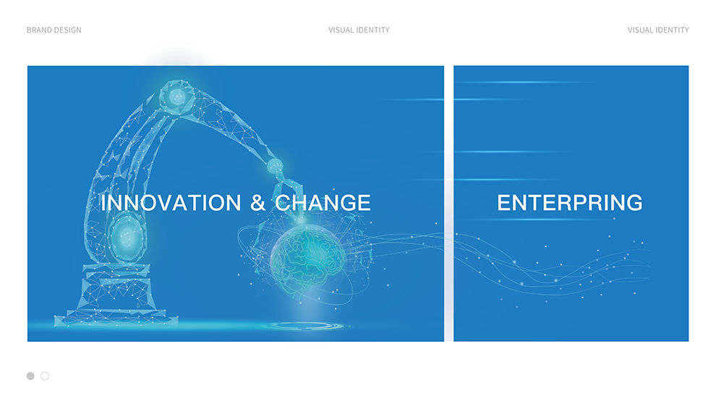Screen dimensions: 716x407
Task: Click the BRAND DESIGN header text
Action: pyautogui.click(x=54, y=30)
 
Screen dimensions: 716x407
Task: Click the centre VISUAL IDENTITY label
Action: pyautogui.click(x=359, y=30)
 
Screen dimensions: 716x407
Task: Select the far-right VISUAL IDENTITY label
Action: pyautogui.click(x=658, y=30)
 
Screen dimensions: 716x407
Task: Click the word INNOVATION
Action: pyautogui.click(x=171, y=203)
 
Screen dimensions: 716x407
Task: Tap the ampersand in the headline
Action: pyautogui.click(x=258, y=203)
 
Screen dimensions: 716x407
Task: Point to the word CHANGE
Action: pyautogui.click(x=323, y=203)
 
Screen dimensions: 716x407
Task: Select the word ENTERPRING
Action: pyautogui.click(x=570, y=203)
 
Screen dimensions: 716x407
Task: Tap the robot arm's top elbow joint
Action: pyautogui.click(x=177, y=96)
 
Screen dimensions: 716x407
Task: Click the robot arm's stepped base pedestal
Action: pyautogui.click(x=116, y=295)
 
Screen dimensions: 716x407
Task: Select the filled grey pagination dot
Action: pyautogui.click(x=30, y=376)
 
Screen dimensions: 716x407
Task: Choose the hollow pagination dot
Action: pyautogui.click(x=45, y=376)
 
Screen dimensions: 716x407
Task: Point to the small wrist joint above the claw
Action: pyautogui.click(x=275, y=166)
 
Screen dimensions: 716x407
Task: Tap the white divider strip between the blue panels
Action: pyautogui.click(x=449, y=204)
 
